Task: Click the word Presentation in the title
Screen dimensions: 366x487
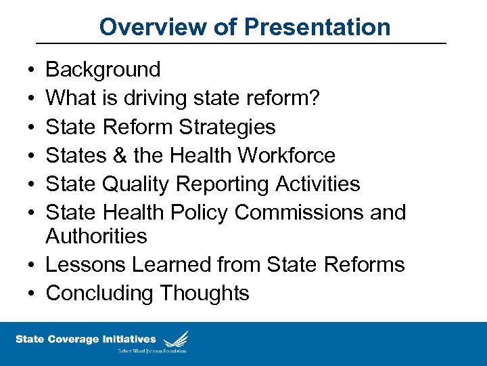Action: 317,27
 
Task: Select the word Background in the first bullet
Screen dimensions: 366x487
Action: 103,69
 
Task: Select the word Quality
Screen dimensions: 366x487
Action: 140,184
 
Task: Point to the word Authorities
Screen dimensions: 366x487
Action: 96,236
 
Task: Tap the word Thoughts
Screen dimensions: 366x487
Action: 204,293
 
